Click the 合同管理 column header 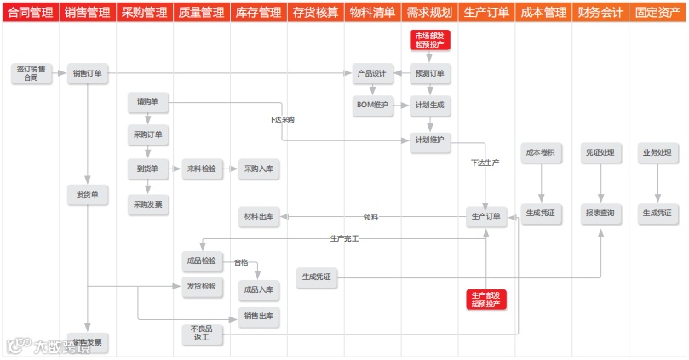pos(30,14)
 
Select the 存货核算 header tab pos(314,14)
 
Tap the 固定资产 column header pos(657,14)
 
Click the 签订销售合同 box pos(31,73)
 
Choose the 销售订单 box pos(88,73)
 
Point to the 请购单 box pos(147,103)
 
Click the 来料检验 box pos(202,169)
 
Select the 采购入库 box pos(259,169)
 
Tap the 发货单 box pos(88,195)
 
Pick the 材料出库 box pos(259,217)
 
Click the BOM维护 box pos(371,105)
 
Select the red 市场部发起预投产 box pos(429,40)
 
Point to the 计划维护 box pos(429,140)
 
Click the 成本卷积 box pos(540,153)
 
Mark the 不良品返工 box pos(202,334)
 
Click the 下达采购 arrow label pos(281,120)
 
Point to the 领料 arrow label pos(370,217)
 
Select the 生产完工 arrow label pos(344,238)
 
